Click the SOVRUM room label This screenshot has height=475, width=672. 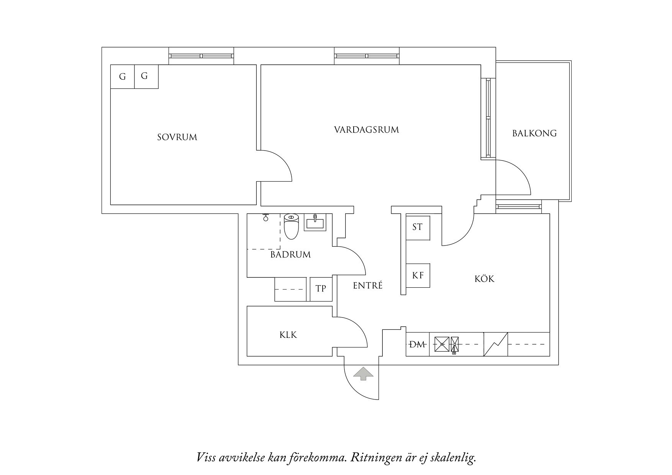pos(177,137)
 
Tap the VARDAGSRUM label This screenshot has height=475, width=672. pos(366,130)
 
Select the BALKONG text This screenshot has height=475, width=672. pos(534,133)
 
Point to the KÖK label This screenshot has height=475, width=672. pos(484,279)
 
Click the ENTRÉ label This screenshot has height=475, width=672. pos(368,285)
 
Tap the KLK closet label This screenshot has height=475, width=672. pos(288,335)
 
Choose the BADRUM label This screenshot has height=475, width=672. pos(290,255)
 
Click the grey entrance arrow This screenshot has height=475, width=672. pos(363,374)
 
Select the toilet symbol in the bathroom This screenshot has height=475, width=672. pos(291,226)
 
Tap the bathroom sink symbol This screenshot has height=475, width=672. pos(315,222)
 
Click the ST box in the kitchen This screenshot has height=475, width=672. pos(418,228)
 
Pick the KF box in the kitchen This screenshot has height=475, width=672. pos(418,275)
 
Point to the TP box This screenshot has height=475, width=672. pos(321,288)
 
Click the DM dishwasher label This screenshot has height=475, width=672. pos(418,344)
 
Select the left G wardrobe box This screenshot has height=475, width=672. pos(122,77)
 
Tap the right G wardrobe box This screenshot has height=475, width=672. pos(144,76)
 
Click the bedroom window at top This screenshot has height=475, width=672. pos(202,56)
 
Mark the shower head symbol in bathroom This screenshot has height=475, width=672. pos(265,217)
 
